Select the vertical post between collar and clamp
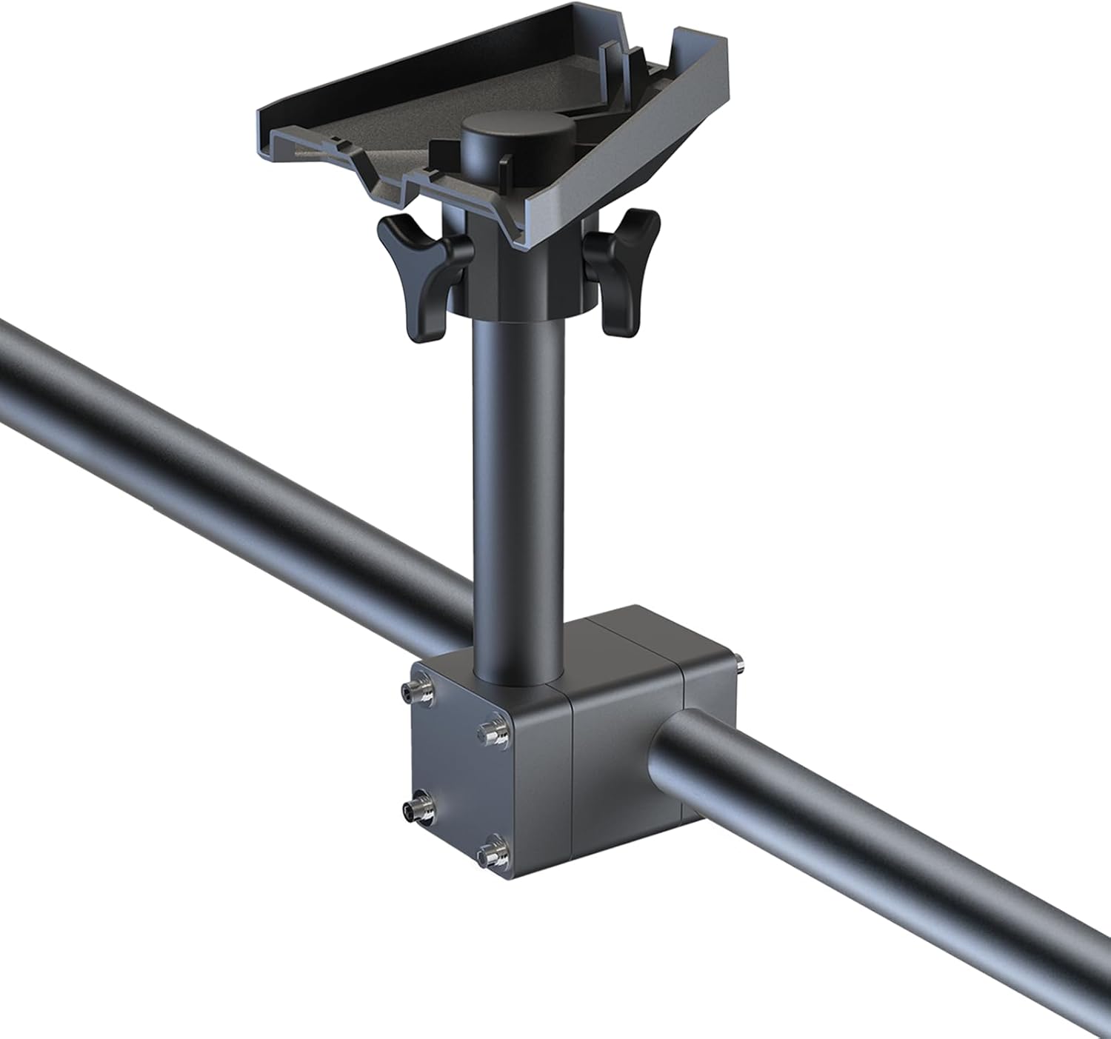518,481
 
